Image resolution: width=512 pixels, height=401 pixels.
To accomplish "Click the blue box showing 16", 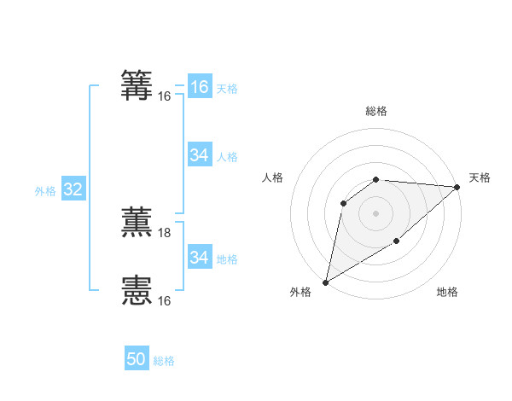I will pyautogui.click(x=199, y=87).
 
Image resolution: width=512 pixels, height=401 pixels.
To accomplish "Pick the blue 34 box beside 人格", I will pyautogui.click(x=199, y=155).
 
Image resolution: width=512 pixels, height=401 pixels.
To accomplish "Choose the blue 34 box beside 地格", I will pyautogui.click(x=199, y=258).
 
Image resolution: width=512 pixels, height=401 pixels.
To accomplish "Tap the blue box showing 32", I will pyautogui.click(x=73, y=189).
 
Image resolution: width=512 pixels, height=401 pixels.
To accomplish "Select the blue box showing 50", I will pyautogui.click(x=137, y=359).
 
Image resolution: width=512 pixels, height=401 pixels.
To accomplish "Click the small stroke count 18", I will pyautogui.click(x=165, y=232).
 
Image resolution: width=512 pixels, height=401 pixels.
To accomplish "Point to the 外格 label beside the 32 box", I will pyautogui.click(x=45, y=191).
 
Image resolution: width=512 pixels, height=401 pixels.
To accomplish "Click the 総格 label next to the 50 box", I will pyautogui.click(x=164, y=361).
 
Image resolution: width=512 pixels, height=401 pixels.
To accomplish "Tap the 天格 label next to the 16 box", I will pyautogui.click(x=227, y=89).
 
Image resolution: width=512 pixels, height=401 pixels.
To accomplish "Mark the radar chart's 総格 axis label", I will pyautogui.click(x=376, y=111).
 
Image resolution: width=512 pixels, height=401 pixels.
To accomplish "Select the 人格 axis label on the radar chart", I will pyautogui.click(x=273, y=177).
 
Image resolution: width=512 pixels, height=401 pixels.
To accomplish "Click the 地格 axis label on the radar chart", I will pyautogui.click(x=447, y=293).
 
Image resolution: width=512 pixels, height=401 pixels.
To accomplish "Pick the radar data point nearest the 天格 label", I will pyautogui.click(x=457, y=187).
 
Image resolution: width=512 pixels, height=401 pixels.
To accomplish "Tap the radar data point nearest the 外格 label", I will pyautogui.click(x=325, y=282).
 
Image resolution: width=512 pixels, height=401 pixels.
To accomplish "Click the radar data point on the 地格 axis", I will pyautogui.click(x=397, y=241).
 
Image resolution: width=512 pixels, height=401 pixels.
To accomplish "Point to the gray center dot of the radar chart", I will pyautogui.click(x=376, y=212).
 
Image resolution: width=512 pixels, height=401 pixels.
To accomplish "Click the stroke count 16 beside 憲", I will pyautogui.click(x=165, y=300).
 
